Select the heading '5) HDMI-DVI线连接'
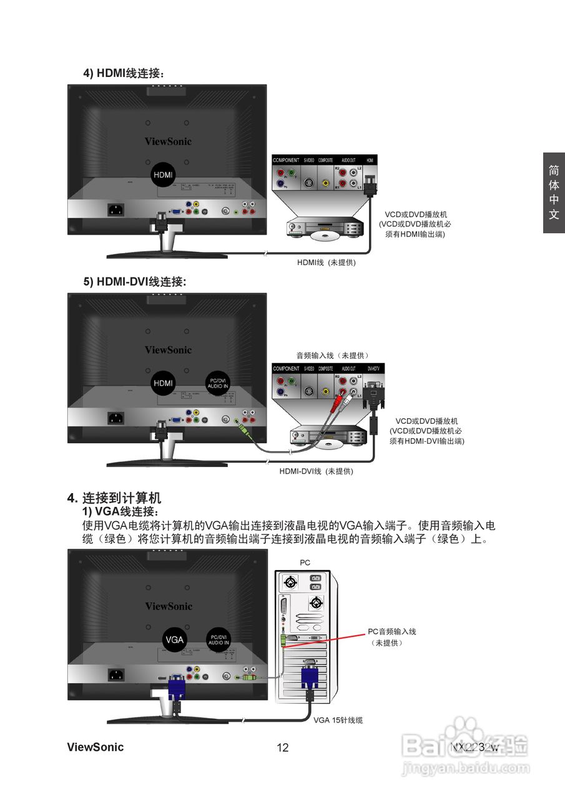[x=135, y=282]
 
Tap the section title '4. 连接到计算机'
[x=115, y=498]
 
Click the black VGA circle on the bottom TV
[x=175, y=639]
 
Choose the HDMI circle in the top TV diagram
[x=164, y=174]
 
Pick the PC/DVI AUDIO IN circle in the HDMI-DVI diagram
[x=219, y=382]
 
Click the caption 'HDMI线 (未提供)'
[x=326, y=263]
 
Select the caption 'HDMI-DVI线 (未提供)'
[x=316, y=471]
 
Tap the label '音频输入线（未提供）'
[x=332, y=355]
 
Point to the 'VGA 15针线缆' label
[x=338, y=720]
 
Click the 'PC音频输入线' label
[x=391, y=632]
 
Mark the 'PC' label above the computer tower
[x=305, y=562]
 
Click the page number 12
[x=282, y=747]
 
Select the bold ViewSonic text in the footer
[x=96, y=747]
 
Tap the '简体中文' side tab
[x=554, y=192]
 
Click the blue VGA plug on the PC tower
[x=310, y=677]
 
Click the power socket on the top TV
[x=116, y=210]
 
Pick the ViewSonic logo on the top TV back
[x=168, y=141]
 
